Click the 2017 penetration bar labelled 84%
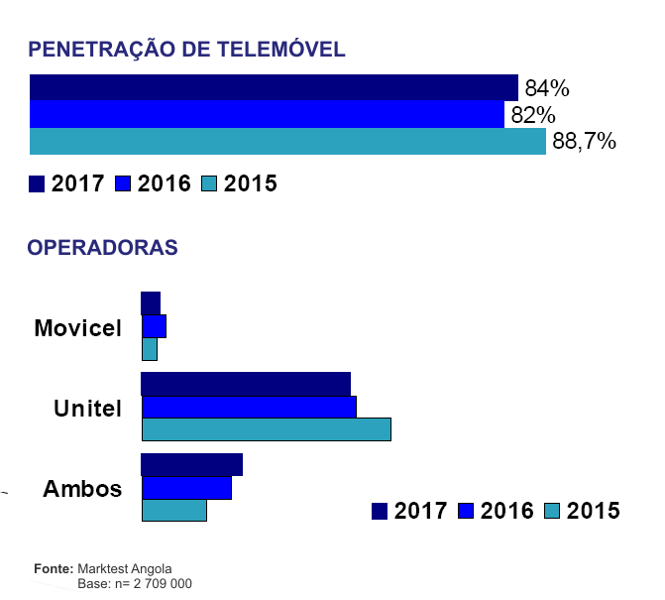tap(274, 87)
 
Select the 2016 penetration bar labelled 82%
tap(267, 114)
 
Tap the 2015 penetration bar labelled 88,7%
tap(287, 141)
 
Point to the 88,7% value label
tap(584, 141)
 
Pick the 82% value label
tap(532, 114)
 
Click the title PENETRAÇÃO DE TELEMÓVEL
tap(186, 49)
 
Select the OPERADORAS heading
tap(103, 247)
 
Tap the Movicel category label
tap(77, 327)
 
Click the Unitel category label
tap(87, 408)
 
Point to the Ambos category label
tap(82, 488)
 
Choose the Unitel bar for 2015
tap(266, 429)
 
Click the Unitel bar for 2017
tap(246, 384)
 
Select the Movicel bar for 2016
tap(154, 326)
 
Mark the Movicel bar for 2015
tap(150, 349)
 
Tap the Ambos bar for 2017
tap(191, 464)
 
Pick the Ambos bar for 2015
tap(173, 510)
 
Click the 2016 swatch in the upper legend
tap(124, 183)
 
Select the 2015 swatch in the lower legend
tap(552, 511)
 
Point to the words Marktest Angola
tap(124, 569)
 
